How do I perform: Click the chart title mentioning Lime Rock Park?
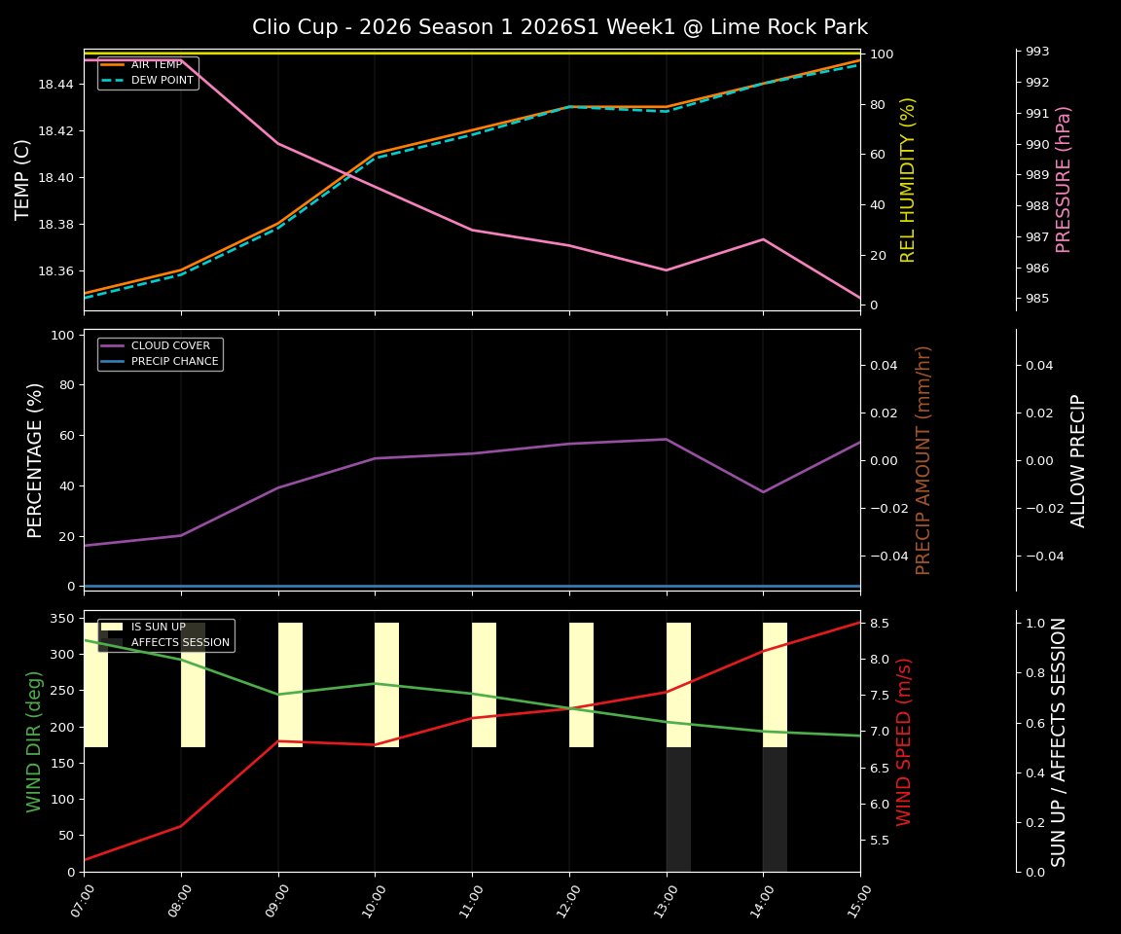click(x=560, y=27)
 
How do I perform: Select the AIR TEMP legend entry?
click(x=156, y=65)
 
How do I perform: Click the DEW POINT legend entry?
click(x=162, y=80)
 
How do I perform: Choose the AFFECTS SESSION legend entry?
click(x=180, y=642)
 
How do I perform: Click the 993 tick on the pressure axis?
click(x=1036, y=52)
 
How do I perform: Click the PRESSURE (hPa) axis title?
click(x=1064, y=179)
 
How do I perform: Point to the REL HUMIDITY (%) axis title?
click(x=909, y=179)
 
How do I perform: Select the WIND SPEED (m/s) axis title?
click(x=905, y=741)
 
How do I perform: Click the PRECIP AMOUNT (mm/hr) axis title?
click(x=924, y=459)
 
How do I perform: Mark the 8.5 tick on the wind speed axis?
click(x=880, y=624)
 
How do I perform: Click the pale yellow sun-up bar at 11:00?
click(x=484, y=685)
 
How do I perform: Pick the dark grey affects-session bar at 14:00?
click(x=775, y=809)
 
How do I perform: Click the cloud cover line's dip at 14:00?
click(x=763, y=491)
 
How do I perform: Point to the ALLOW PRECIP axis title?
click(x=1078, y=460)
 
